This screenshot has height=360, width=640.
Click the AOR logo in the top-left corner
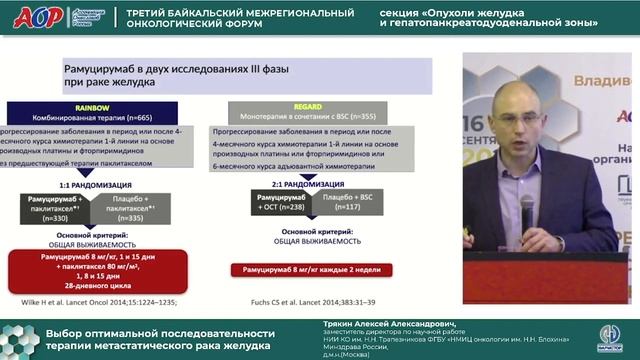(x=35, y=18)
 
